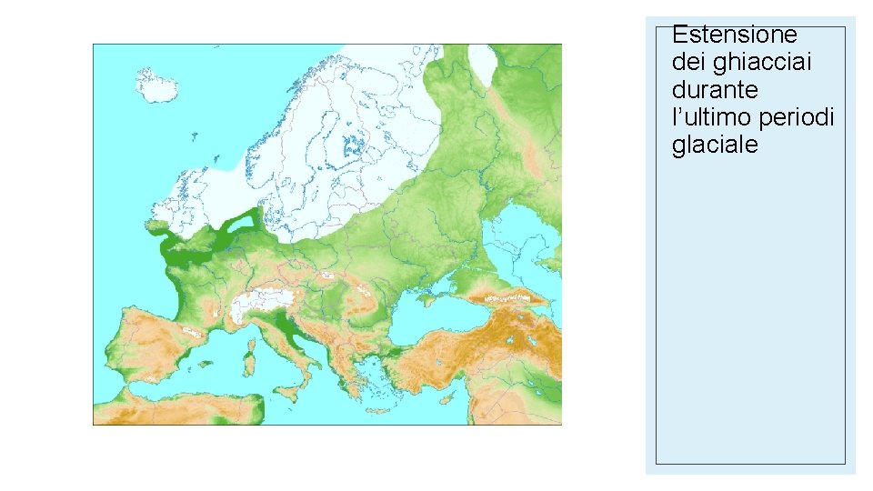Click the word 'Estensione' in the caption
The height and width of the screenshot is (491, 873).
pos(734,35)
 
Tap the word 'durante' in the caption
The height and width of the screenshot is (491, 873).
pos(715,90)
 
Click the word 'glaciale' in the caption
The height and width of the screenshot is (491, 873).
pos(715,145)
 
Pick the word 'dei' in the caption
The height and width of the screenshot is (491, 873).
pos(687,63)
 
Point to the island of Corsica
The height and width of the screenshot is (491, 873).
pos(249,338)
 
